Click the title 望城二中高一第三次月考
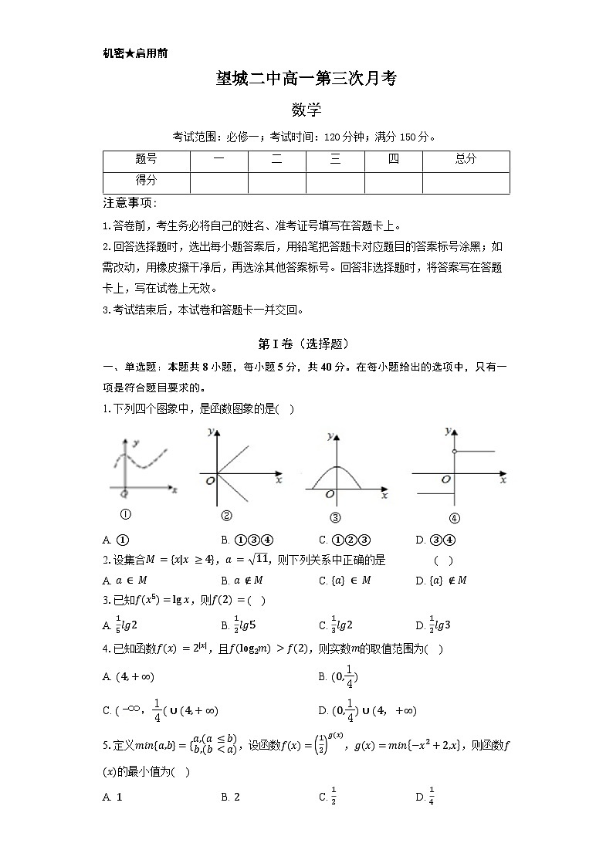(x=306, y=79)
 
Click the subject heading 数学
(x=306, y=110)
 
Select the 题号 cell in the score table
(x=146, y=160)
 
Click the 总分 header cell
(x=466, y=160)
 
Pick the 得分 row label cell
(x=146, y=181)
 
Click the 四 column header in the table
(x=393, y=160)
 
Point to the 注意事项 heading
(x=130, y=203)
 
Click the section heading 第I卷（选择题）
(x=306, y=344)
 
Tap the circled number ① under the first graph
(x=125, y=515)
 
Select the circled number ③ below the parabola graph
(x=334, y=518)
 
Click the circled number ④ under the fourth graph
(x=454, y=518)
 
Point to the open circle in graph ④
(x=454, y=451)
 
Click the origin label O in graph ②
(x=209, y=481)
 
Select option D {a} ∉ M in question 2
(x=441, y=581)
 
